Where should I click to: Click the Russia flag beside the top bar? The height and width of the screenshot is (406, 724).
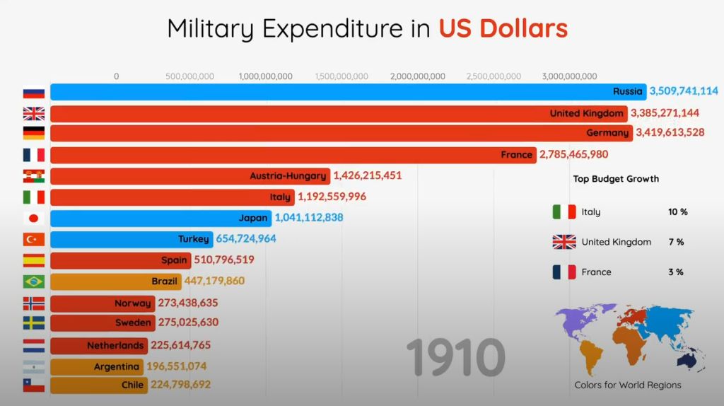tap(33, 93)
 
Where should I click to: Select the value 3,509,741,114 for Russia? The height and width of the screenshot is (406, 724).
tap(684, 91)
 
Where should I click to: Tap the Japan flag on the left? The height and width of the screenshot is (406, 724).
tap(33, 219)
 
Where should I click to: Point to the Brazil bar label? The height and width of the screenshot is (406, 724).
tap(164, 281)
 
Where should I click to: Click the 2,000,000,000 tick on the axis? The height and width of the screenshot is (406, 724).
tap(418, 76)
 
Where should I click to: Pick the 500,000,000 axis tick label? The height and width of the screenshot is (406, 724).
tap(190, 76)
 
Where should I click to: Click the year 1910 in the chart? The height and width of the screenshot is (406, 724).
tap(455, 357)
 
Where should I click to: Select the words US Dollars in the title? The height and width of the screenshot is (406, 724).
tap(503, 28)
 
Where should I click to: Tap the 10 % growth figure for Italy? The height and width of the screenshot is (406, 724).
tap(677, 211)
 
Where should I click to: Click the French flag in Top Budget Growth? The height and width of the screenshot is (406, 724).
tap(564, 272)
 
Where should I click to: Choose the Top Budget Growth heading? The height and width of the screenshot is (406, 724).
tap(616, 179)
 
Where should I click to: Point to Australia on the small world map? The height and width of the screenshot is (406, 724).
tap(686, 361)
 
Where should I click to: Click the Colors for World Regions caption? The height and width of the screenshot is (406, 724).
tap(628, 385)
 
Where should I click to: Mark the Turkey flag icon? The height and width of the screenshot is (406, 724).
tap(33, 240)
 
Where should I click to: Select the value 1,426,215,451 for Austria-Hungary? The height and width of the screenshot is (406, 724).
tap(368, 175)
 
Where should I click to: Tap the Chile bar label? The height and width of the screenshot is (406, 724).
tap(132, 385)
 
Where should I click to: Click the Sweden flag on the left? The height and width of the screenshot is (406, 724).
tap(33, 323)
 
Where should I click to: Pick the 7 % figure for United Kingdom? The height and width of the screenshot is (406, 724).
tap(676, 242)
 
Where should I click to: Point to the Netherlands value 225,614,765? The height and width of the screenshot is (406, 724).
tap(180, 346)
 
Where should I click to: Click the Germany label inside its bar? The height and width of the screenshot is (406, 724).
tap(607, 133)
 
